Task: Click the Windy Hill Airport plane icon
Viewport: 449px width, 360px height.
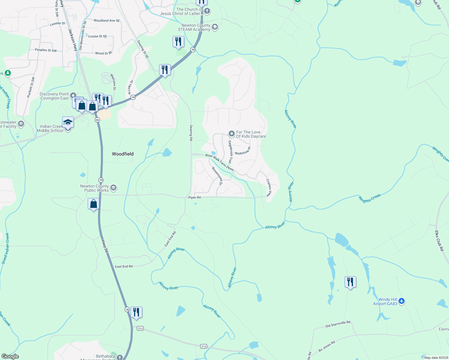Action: tap(402, 301)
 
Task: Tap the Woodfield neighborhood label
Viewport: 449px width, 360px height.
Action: tap(122, 154)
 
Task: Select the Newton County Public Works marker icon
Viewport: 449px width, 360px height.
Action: tap(113, 188)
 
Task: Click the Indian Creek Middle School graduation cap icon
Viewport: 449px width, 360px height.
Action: tap(68, 123)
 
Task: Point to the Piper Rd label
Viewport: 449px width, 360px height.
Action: tap(194, 197)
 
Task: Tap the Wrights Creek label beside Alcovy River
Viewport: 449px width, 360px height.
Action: tap(369, 198)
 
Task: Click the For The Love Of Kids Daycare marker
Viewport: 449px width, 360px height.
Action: tap(231, 133)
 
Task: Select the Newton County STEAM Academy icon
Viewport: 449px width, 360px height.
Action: tap(215, 27)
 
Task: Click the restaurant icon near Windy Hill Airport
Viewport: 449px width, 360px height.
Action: tap(350, 282)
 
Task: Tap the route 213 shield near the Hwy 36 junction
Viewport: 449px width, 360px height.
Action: tap(140, 328)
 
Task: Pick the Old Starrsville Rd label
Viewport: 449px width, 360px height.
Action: tap(338, 324)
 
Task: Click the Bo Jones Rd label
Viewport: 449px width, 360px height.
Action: tap(327, 346)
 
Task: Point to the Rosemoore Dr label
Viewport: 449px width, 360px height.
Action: tap(217, 176)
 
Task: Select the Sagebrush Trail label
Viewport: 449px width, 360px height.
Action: tap(231, 152)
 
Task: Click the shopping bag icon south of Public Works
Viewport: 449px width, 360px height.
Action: tap(94, 204)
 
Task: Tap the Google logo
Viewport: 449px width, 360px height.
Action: tap(10, 356)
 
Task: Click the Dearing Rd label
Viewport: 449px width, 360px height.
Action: tap(191, 133)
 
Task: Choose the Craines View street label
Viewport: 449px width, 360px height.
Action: tap(269, 187)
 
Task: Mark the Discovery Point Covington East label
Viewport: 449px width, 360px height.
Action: tap(54, 96)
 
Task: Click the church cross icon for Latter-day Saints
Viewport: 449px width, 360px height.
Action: tap(207, 11)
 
